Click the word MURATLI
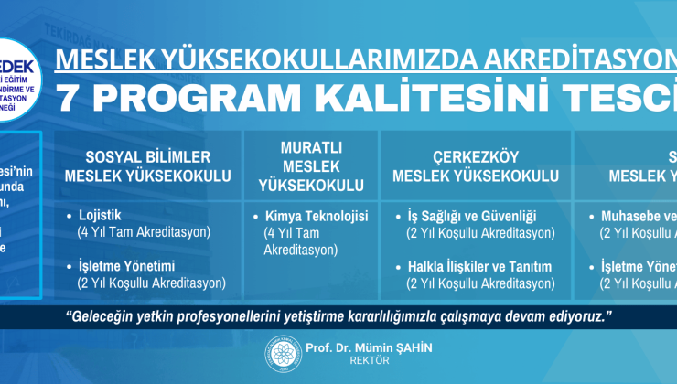(311, 146)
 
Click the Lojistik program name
(101, 217)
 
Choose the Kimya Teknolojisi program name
(316, 217)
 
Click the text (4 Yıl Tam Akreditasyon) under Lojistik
(145, 232)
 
